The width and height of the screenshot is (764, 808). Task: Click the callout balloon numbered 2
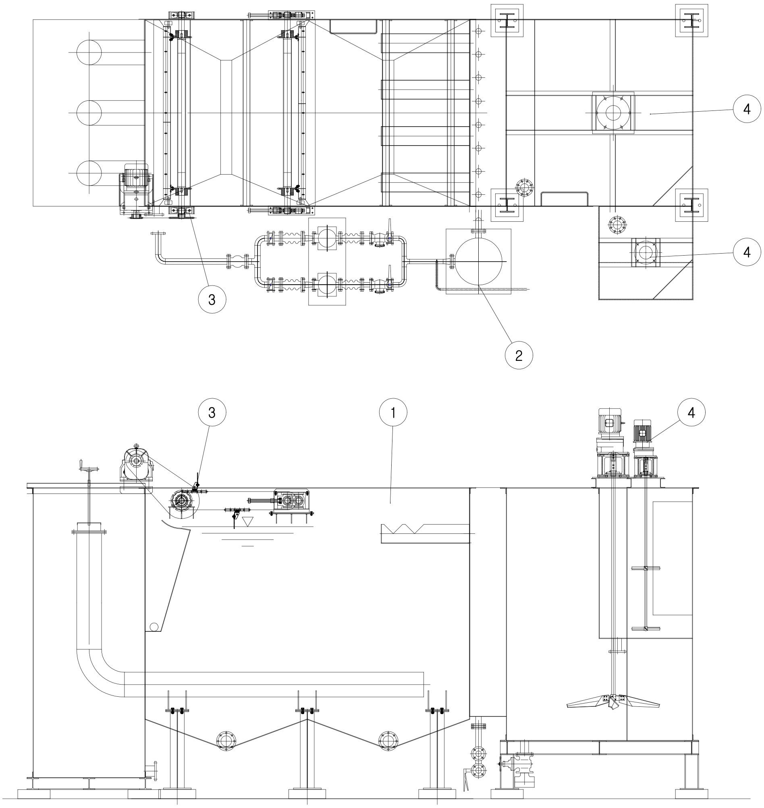(x=519, y=355)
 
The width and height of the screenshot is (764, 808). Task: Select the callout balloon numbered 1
(x=393, y=413)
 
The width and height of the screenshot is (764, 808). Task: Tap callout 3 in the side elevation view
(x=212, y=413)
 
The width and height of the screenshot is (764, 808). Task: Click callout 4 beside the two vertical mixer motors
(x=691, y=413)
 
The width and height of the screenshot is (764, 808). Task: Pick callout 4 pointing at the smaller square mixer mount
(x=747, y=252)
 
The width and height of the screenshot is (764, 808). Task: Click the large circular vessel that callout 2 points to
(x=478, y=261)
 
